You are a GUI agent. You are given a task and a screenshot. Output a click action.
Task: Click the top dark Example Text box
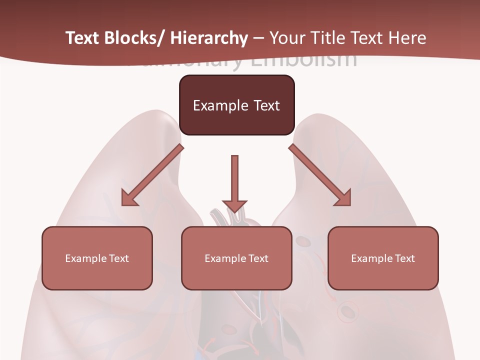236,105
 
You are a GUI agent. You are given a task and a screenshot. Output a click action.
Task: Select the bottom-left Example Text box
97,258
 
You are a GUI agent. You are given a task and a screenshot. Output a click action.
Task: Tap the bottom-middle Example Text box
236,258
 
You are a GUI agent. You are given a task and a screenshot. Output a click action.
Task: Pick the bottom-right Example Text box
383,258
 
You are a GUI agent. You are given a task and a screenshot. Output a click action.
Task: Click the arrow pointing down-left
152,175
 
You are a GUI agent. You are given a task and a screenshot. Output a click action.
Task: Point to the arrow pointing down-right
320,175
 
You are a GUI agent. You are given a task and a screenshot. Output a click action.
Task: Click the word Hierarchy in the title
209,38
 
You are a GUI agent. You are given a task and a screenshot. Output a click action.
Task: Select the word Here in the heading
407,38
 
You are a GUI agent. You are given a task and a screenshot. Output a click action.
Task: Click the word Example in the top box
220,105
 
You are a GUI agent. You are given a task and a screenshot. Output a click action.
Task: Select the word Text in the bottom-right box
404,258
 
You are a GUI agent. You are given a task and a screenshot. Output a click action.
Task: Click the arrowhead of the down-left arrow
128,199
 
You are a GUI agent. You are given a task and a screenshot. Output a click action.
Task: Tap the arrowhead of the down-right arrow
344,199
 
